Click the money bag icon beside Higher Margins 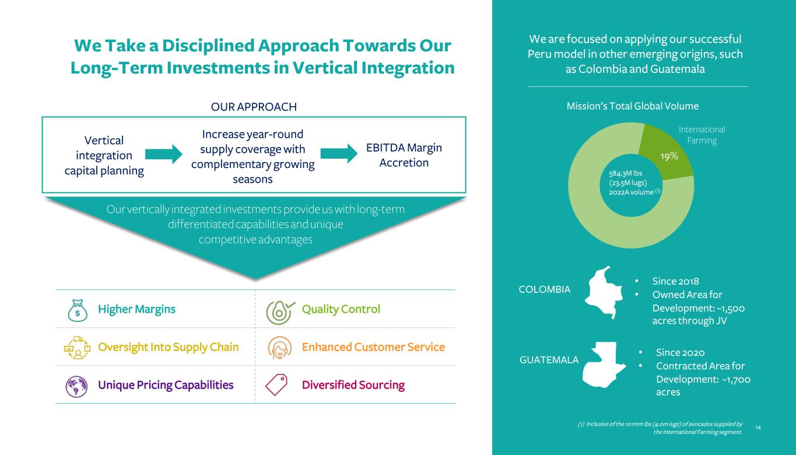(x=78, y=310)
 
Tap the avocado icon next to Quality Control (x=280, y=313)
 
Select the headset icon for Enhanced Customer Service (x=280, y=347)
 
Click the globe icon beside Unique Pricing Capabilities (x=76, y=386)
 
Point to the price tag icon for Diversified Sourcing (x=276, y=384)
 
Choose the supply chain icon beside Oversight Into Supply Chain (x=77, y=347)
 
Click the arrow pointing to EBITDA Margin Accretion (x=339, y=153)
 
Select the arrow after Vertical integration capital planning (x=164, y=154)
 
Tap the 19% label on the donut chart (x=669, y=156)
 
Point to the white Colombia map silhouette (x=604, y=292)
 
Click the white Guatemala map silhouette (x=604, y=365)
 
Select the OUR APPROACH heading (x=254, y=107)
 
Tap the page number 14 (x=758, y=427)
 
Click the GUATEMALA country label (x=549, y=360)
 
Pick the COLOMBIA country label (x=545, y=289)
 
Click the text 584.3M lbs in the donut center (x=625, y=173)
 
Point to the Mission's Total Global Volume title (x=633, y=106)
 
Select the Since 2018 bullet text (x=675, y=281)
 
